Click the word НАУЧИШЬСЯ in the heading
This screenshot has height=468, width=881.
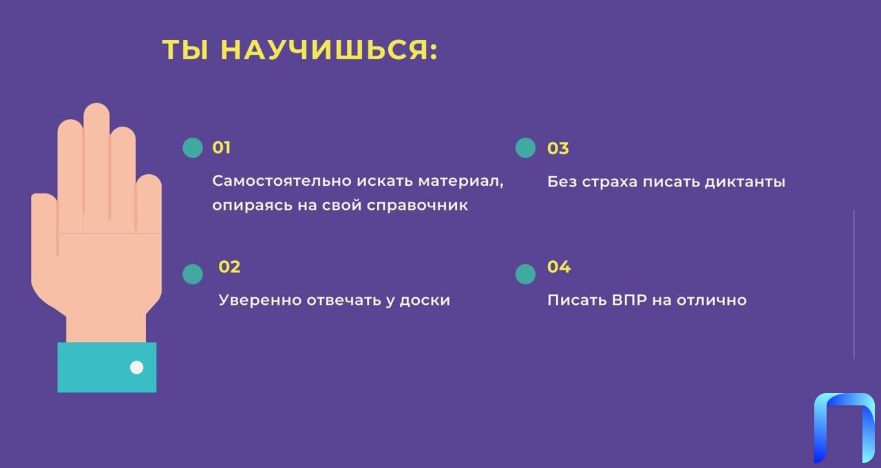(x=329, y=50)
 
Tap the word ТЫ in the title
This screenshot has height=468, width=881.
(x=185, y=50)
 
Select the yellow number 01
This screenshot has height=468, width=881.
(x=222, y=148)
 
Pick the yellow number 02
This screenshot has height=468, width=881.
(x=229, y=267)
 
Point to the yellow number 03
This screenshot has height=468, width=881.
(x=558, y=149)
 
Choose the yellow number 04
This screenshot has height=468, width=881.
(x=558, y=267)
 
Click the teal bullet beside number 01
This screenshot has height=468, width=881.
(x=193, y=148)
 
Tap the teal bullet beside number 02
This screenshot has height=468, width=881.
(x=193, y=274)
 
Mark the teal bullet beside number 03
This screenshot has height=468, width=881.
(x=525, y=148)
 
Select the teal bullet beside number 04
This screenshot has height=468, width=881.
(x=525, y=274)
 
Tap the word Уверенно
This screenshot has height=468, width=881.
(x=260, y=301)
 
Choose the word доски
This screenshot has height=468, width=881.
(x=425, y=301)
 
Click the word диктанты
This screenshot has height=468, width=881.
(x=745, y=182)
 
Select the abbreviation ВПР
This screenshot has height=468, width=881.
(x=629, y=300)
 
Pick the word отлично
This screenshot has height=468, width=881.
(x=712, y=301)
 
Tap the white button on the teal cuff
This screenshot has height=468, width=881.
(x=136, y=368)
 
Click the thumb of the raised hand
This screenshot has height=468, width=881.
(x=45, y=236)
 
